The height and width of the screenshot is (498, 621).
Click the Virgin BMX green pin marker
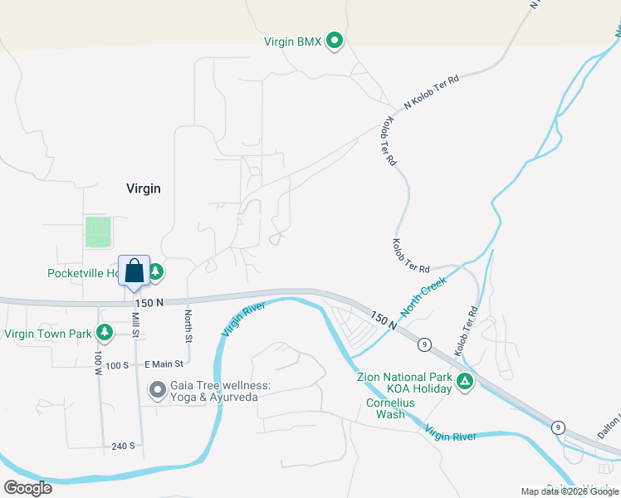point(335,40)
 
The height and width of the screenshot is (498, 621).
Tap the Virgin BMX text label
point(292,41)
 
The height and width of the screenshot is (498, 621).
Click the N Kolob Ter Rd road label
point(431,91)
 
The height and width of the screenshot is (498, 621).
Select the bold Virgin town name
point(143,188)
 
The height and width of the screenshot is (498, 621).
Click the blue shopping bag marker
point(134,271)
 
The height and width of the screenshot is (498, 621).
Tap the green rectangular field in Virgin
point(98,232)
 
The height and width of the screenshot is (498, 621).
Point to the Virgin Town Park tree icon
point(104,334)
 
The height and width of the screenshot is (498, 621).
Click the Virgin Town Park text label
point(47,334)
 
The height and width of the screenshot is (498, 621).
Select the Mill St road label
point(135,319)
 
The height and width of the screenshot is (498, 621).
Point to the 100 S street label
point(117,364)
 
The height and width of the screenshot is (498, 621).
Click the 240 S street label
point(123,446)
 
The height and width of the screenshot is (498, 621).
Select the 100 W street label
point(98,360)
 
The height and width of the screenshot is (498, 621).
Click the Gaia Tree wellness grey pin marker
point(158,388)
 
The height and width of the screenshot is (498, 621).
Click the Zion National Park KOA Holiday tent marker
point(466,382)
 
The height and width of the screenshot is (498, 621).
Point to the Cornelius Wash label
point(385,408)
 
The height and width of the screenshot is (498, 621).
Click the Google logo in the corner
point(27,488)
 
